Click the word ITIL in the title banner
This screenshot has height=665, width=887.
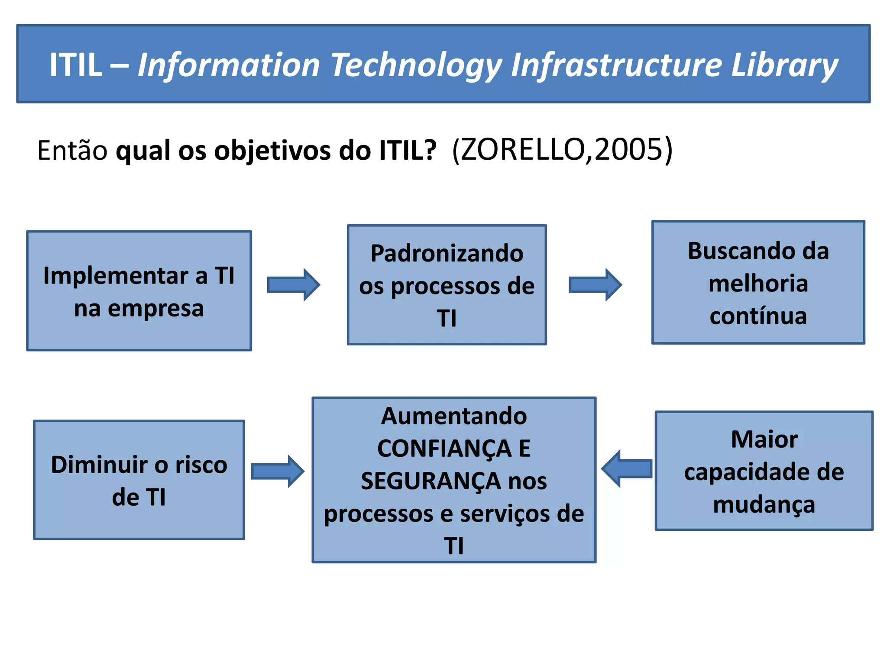click(76, 65)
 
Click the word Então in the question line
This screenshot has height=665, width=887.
click(72, 150)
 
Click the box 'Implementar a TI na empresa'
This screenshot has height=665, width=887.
click(139, 291)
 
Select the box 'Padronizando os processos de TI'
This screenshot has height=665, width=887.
click(447, 284)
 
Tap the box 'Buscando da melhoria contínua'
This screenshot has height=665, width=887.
click(758, 282)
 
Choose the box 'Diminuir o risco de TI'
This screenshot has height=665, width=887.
click(139, 480)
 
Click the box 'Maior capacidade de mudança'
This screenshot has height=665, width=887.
click(764, 471)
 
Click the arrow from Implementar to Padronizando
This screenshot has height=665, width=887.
click(293, 285)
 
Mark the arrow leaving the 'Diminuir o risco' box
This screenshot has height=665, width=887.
click(278, 471)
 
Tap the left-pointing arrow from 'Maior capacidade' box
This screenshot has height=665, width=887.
click(627, 469)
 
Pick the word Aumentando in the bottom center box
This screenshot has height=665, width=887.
click(454, 416)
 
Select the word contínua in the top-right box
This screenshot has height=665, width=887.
click(758, 316)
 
